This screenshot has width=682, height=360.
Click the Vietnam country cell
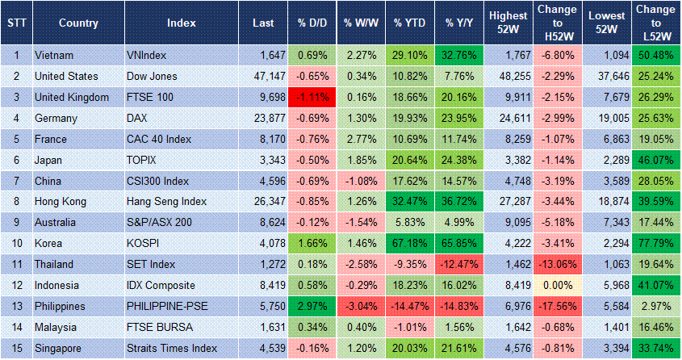[54, 56]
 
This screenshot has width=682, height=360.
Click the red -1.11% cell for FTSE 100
[311, 97]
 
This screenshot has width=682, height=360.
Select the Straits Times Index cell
[172, 349]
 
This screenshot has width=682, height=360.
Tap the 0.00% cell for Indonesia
[558, 286]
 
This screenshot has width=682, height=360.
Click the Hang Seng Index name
[166, 202]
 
